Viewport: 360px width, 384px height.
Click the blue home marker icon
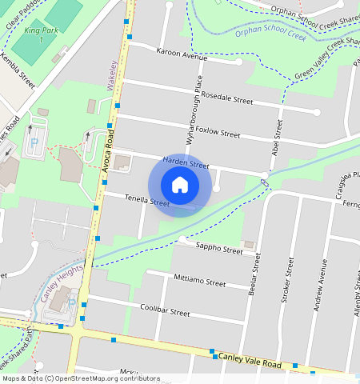[x=180, y=185]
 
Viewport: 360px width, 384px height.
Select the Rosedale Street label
[x=226, y=98]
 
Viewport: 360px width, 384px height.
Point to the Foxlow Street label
[x=218, y=133]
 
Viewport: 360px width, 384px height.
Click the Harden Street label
[x=186, y=162]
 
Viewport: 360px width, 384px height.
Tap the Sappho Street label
[x=220, y=250]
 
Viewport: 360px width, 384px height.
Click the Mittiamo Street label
[x=199, y=281]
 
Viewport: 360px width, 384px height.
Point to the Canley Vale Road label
[x=250, y=360]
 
